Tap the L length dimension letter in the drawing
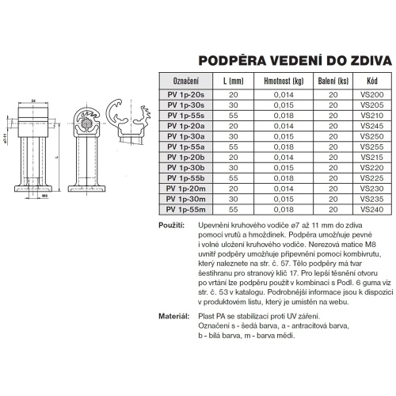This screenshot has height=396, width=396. pos(58,157)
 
